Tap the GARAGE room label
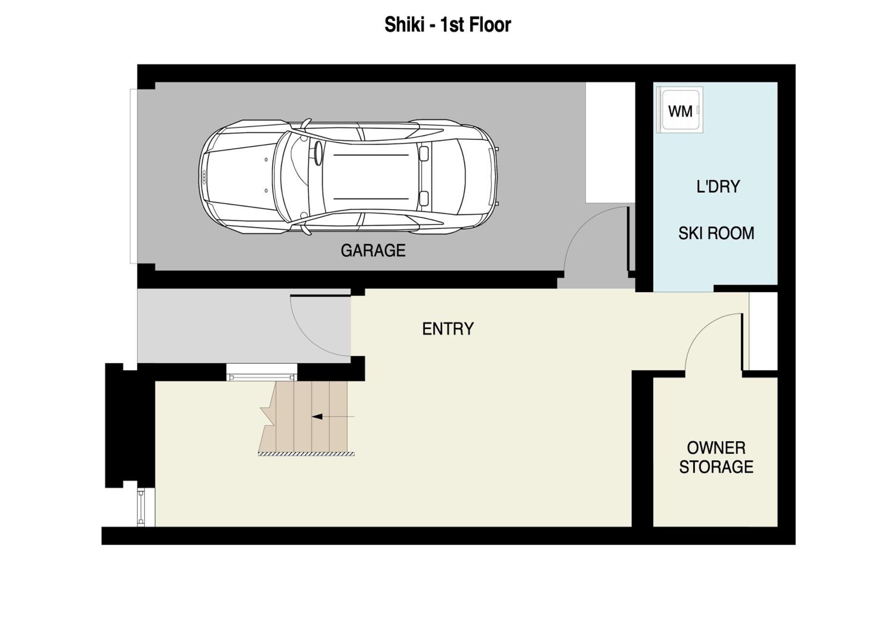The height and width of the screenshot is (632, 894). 373,250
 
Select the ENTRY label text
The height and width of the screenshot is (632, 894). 448,329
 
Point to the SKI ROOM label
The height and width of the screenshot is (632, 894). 716,233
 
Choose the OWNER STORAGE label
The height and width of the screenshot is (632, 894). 716,457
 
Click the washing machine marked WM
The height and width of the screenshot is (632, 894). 680,110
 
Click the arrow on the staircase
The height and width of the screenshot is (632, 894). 333,417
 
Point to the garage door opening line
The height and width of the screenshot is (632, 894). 134,176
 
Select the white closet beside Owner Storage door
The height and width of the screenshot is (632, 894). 763,331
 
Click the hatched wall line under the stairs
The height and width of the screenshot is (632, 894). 306,454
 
